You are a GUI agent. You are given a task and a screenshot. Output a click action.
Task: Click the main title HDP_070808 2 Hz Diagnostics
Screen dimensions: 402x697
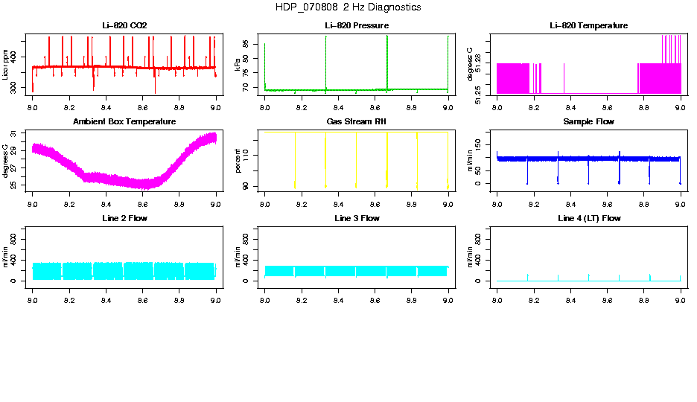click(x=348, y=7)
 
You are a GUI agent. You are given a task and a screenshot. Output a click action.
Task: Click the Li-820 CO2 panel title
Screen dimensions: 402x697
click(x=124, y=26)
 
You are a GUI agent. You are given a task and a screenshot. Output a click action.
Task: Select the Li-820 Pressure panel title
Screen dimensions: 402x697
click(x=356, y=26)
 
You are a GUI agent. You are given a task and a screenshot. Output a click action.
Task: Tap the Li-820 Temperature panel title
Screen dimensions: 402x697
click(x=588, y=26)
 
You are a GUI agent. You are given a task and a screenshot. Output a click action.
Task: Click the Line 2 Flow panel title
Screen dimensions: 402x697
click(x=124, y=219)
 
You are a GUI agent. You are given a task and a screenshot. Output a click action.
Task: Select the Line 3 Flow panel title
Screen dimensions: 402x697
click(x=356, y=219)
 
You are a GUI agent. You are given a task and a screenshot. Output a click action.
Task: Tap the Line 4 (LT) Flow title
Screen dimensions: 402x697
click(x=588, y=219)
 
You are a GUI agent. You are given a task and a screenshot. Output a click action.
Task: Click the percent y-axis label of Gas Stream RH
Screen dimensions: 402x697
click(x=238, y=160)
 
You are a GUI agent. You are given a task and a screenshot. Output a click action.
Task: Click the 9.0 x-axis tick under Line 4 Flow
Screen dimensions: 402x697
click(x=680, y=300)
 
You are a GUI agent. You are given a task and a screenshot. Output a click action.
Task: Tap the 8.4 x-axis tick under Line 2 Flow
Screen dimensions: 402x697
click(x=106, y=300)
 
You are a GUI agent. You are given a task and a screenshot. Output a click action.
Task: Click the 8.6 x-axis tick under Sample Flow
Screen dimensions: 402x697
click(x=607, y=203)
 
